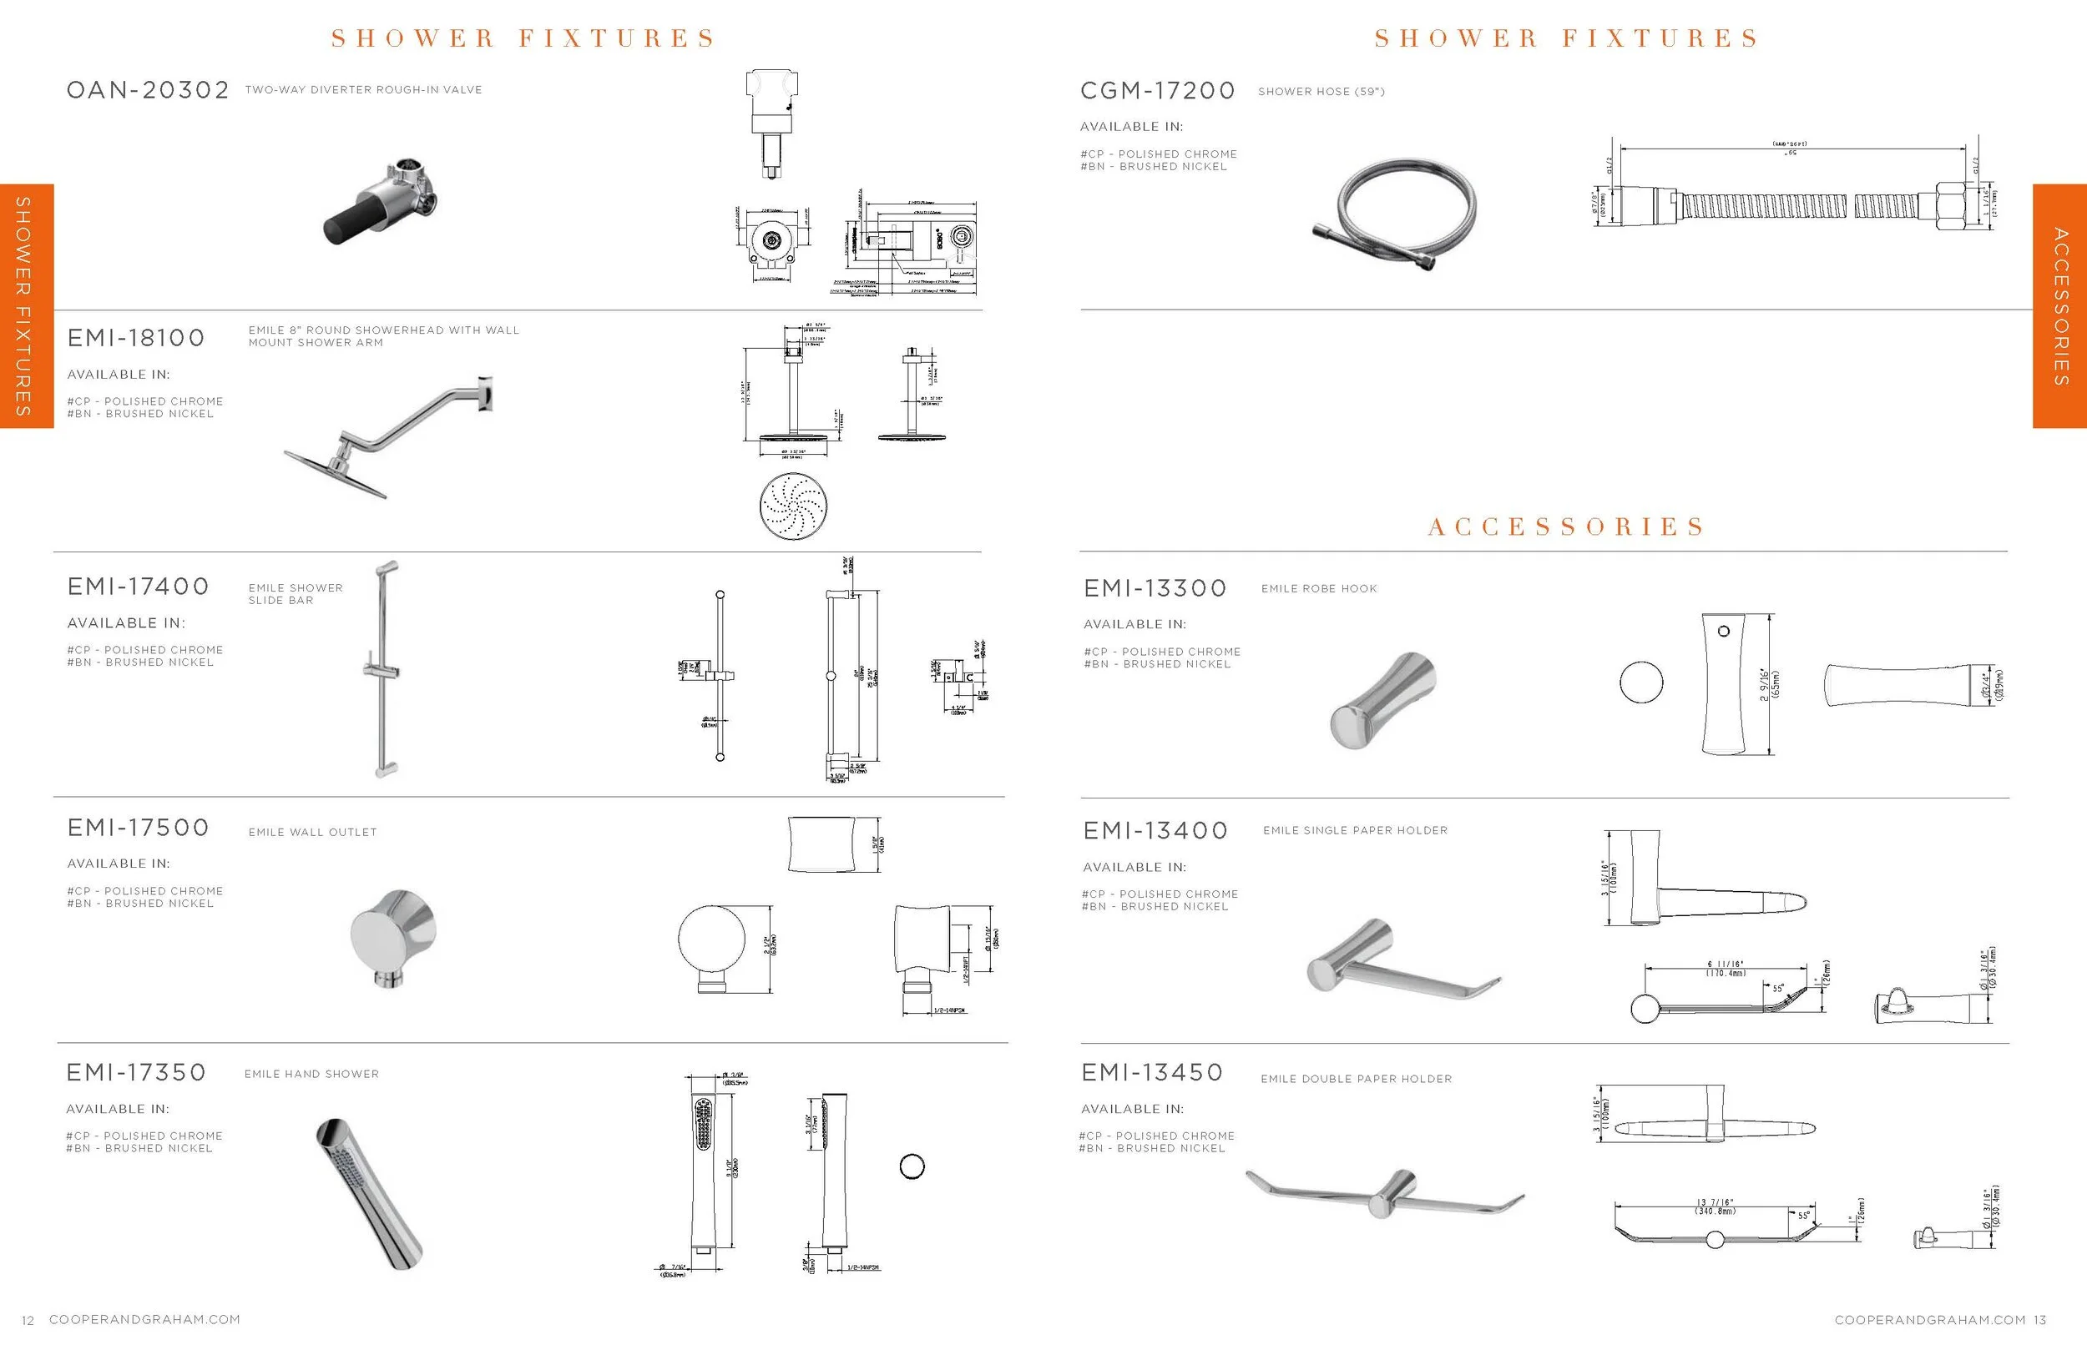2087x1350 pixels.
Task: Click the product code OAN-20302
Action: [x=147, y=90]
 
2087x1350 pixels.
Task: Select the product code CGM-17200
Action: [x=1157, y=91]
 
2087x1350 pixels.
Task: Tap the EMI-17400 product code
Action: [x=138, y=587]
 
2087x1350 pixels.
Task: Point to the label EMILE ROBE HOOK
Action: [x=1319, y=589]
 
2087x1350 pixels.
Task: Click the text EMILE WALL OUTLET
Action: [x=312, y=833]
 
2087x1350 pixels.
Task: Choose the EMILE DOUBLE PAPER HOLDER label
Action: [x=1356, y=1079]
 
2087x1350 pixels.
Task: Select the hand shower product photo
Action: [x=368, y=1192]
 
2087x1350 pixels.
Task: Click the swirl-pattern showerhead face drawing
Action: [x=794, y=506]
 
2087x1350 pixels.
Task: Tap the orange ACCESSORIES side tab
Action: [x=2059, y=306]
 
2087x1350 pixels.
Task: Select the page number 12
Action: [x=28, y=1320]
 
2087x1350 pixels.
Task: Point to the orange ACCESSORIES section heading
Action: [x=1565, y=526]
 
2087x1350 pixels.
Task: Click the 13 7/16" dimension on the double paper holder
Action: [x=1715, y=1206]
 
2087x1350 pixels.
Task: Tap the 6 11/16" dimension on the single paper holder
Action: [x=1726, y=968]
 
